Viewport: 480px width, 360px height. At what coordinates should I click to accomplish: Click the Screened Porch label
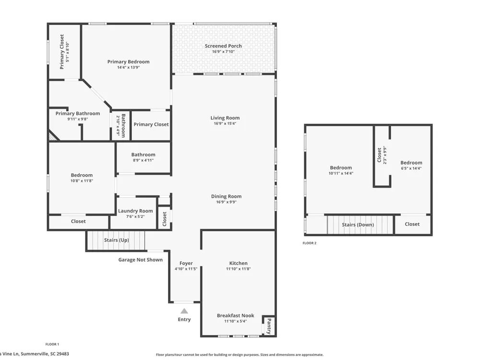pos(223,46)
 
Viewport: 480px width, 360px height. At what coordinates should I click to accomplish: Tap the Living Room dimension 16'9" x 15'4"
pos(225,124)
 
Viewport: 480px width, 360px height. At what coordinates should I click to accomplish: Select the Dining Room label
pos(226,196)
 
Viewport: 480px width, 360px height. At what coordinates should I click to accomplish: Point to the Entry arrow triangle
pos(184,311)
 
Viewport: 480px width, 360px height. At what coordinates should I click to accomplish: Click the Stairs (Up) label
pos(116,240)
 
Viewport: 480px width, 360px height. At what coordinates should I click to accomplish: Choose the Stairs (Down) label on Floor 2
pos(358,225)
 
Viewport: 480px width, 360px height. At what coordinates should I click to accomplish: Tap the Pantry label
pos(269,326)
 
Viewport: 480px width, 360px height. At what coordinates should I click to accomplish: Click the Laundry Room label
pos(135,211)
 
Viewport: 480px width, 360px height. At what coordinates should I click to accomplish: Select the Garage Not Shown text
pos(141,260)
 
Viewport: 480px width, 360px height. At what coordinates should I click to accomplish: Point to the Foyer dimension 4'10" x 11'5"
pos(186,269)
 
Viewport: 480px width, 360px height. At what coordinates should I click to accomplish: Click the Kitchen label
pos(239,263)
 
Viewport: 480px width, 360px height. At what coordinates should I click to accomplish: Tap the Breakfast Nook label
pos(235,315)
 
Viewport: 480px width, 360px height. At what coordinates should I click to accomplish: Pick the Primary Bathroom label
pos(78,113)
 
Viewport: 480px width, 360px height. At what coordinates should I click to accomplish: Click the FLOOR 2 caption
pos(310,243)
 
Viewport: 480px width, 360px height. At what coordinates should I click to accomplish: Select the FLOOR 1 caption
pos(52,344)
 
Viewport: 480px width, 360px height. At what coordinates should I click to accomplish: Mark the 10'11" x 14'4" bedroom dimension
pos(341,173)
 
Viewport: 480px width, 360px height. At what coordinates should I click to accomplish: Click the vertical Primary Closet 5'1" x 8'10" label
pos(64,52)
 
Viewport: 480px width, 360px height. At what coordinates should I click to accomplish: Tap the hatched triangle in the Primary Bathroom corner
pos(53,136)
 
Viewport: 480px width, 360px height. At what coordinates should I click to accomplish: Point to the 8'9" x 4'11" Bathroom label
pos(143,157)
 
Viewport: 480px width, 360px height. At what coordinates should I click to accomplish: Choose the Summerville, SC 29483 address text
pos(45,354)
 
